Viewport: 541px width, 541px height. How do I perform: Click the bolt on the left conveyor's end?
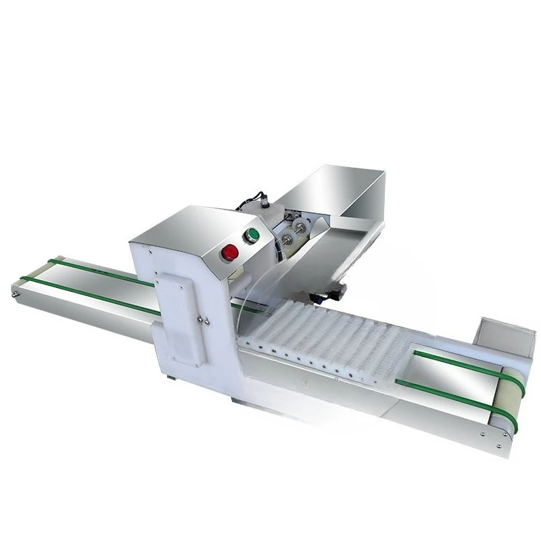pyautogui.click(x=14, y=295)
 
